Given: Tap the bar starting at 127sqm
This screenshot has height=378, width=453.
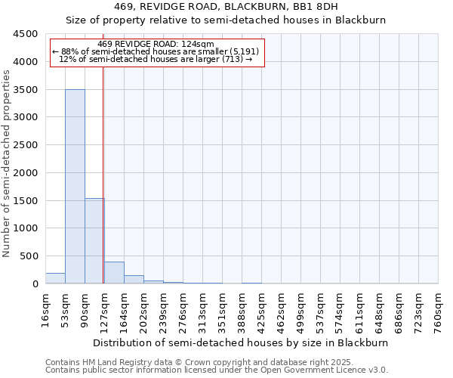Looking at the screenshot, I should tap(114, 273).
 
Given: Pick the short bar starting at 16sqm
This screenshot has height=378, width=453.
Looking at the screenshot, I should tap(55, 278).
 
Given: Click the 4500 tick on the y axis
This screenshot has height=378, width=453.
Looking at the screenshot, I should tap(25, 34).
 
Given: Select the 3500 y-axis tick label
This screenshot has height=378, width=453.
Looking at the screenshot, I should tap(25, 90).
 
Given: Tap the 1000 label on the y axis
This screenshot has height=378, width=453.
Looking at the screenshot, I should tap(25, 228).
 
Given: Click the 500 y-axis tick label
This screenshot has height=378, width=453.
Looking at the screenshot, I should tap(28, 256).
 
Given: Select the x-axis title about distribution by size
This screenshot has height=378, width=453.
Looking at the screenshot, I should tap(242, 342).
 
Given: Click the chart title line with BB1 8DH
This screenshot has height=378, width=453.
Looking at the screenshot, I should tap(226, 6).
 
